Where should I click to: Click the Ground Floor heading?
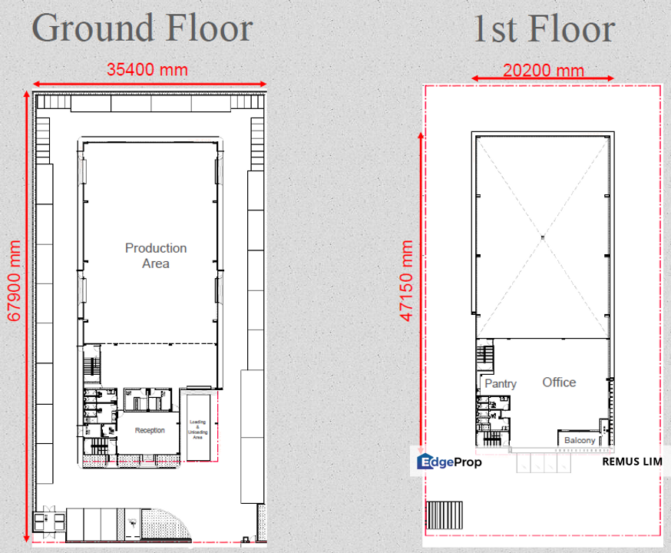tap(142, 28)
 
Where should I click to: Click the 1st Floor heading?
tap(543, 28)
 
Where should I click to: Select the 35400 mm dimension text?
tap(147, 69)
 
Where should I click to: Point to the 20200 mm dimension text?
tap(543, 71)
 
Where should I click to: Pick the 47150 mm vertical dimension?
tap(406, 281)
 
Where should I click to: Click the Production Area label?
tap(156, 256)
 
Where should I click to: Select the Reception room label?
tap(150, 430)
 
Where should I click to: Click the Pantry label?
tap(501, 383)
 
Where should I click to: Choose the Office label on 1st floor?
tap(559, 382)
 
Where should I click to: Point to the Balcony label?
tap(579, 440)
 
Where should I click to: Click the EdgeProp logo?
tap(449, 462)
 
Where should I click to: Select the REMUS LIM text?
tap(631, 462)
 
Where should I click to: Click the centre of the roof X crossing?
tap(543, 237)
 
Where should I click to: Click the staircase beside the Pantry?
tap(485, 356)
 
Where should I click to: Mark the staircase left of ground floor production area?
tap(92, 366)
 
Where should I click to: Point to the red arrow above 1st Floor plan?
tap(543, 78)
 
